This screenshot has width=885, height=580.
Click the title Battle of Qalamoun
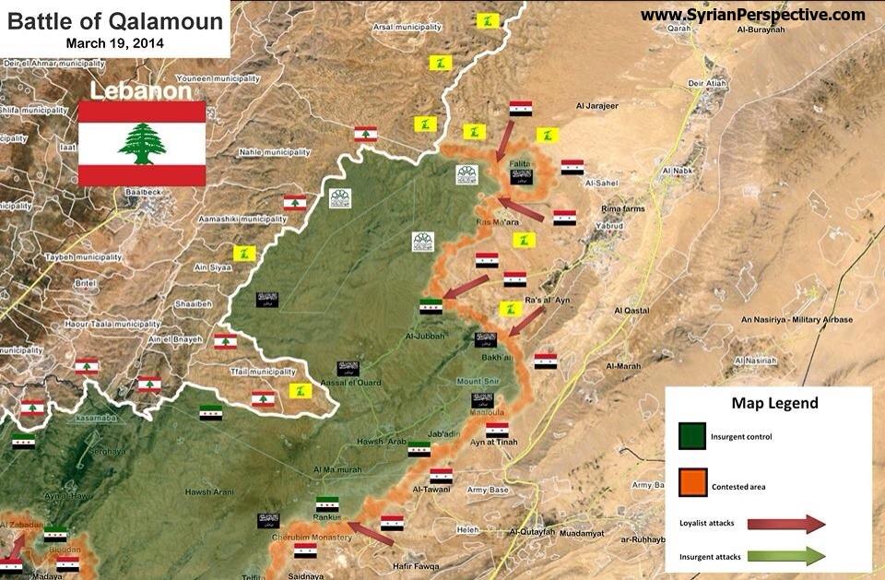click(x=115, y=21)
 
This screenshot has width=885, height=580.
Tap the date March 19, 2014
click(x=115, y=42)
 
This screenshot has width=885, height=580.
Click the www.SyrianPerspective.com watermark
click(x=753, y=15)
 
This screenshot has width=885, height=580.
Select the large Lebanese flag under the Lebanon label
click(x=142, y=144)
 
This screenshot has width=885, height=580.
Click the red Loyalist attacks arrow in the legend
click(x=786, y=524)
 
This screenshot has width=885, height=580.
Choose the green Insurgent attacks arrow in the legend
click(x=786, y=555)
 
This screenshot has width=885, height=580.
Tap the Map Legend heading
click(x=774, y=403)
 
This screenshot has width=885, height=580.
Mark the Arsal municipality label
click(x=407, y=28)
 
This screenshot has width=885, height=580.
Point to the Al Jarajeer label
click(x=596, y=106)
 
